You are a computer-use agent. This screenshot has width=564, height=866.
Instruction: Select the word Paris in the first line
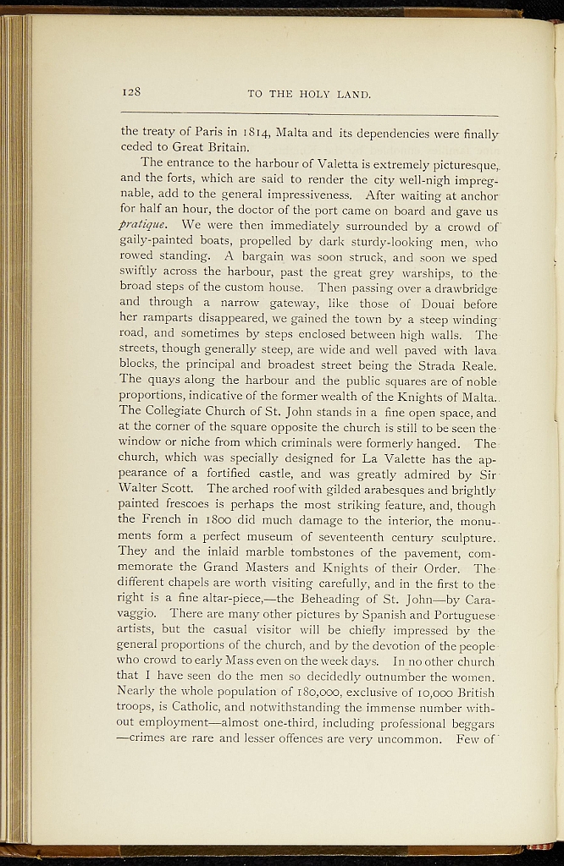click(208, 131)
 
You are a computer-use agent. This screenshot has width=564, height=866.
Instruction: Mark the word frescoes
click(192, 505)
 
